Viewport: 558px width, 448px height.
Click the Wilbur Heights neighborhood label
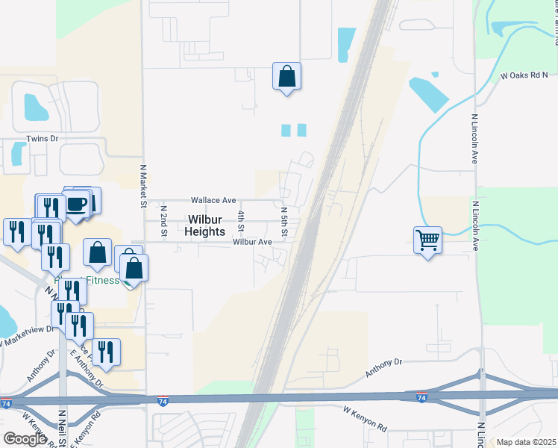205,225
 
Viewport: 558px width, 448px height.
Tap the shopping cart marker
427,240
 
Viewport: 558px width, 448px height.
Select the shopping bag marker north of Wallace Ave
286,76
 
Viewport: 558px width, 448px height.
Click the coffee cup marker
77,203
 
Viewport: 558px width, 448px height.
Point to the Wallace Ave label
213,200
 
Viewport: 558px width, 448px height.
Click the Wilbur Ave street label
251,242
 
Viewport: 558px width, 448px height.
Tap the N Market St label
142,187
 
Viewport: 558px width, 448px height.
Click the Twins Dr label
42,139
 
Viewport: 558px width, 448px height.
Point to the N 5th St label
284,223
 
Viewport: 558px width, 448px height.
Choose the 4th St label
241,221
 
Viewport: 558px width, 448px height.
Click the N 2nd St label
163,222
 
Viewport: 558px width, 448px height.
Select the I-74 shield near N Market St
163,401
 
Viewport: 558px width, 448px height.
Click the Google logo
25,438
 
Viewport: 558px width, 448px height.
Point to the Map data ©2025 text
526,442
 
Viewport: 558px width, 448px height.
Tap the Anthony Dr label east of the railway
383,367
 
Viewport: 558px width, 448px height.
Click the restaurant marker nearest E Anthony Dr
106,352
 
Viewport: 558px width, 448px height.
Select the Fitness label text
101,281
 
